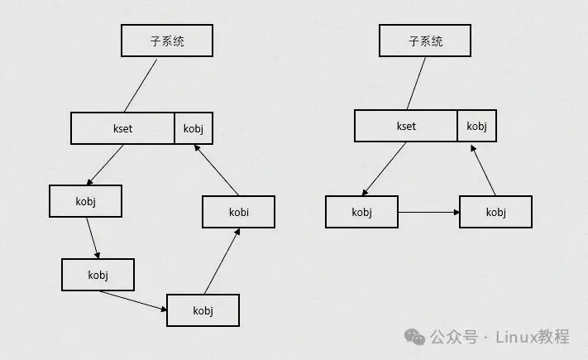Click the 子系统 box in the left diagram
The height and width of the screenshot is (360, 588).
(x=166, y=40)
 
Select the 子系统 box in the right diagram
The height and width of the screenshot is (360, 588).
(x=425, y=40)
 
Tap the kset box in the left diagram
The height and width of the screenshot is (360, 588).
(x=122, y=128)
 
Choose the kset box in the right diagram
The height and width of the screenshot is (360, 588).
(x=406, y=126)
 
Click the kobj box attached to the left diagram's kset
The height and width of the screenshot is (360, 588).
(x=193, y=128)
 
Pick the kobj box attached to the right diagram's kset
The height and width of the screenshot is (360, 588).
(x=476, y=126)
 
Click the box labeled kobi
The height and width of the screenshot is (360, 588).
(x=238, y=212)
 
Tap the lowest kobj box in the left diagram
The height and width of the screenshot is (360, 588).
(x=203, y=310)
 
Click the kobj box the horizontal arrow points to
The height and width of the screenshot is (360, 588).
(x=495, y=212)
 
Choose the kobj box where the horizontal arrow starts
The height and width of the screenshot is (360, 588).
(x=361, y=212)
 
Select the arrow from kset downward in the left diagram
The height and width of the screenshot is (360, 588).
(x=105, y=165)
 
